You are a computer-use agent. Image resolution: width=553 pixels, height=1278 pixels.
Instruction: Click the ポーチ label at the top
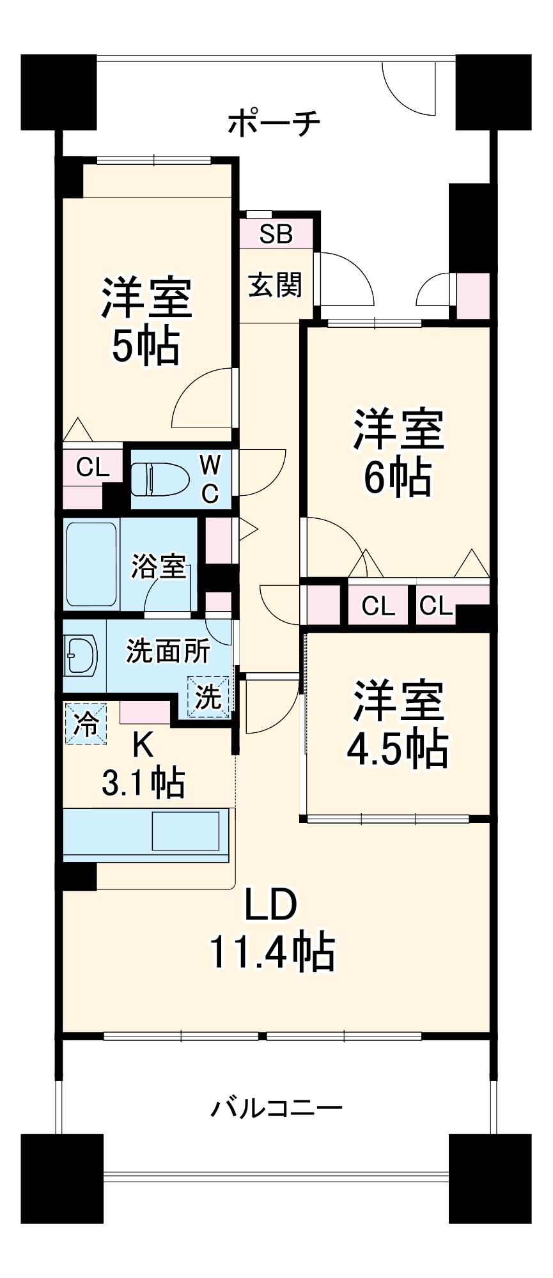274,123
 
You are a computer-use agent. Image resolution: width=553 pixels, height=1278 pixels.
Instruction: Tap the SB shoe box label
276,234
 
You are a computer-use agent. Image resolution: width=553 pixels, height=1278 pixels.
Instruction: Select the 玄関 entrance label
275,285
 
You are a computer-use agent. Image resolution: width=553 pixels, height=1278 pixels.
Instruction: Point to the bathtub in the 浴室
91,566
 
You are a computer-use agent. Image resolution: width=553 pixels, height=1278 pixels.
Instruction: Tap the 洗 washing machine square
208,697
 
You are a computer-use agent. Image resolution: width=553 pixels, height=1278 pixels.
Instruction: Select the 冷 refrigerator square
86,723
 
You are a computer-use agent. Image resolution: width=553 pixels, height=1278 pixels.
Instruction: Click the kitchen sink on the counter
185,831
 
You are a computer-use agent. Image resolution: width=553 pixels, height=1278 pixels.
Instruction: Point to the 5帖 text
146,346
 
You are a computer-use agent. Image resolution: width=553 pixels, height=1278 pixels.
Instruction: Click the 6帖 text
397,477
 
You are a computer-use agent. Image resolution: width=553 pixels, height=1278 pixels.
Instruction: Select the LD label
272,905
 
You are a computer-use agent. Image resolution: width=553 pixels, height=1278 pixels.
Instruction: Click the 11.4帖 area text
272,952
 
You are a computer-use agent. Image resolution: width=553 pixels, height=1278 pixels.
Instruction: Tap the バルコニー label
276,1107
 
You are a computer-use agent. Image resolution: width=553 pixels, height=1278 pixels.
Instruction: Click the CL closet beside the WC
93,468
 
